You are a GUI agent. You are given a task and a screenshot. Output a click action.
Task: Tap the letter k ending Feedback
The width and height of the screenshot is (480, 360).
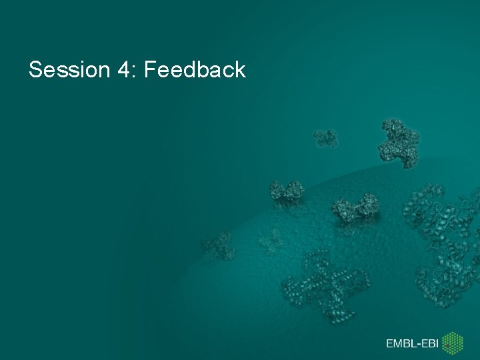tap(240, 69)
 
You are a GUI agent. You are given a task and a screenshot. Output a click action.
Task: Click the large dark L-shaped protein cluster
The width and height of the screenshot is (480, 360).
tap(399, 142)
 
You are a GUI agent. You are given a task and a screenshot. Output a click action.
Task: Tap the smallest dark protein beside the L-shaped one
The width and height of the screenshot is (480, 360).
tap(325, 138)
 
